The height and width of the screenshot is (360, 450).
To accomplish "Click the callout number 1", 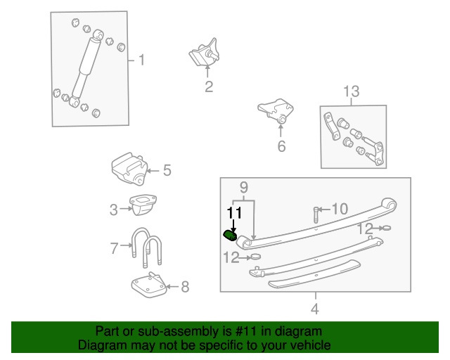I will click(141, 60).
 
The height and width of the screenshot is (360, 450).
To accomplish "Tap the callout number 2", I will click(209, 87).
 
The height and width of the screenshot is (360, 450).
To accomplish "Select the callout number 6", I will click(281, 147).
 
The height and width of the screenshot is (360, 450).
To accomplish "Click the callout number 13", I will click(351, 91).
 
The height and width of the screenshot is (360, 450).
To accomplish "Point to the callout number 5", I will click(167, 169).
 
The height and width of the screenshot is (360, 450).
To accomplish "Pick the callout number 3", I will click(113, 209).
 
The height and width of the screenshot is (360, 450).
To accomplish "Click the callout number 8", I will click(185, 286).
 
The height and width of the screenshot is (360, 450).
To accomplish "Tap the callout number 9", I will click(244, 187).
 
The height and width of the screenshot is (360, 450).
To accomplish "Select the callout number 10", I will click(339, 209).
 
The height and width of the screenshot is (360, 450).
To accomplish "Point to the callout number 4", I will click(314, 308).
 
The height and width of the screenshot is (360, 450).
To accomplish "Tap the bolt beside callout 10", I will click(316, 214).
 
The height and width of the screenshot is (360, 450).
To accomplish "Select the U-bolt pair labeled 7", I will click(145, 250).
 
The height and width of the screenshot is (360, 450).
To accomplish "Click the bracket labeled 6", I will click(275, 112).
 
